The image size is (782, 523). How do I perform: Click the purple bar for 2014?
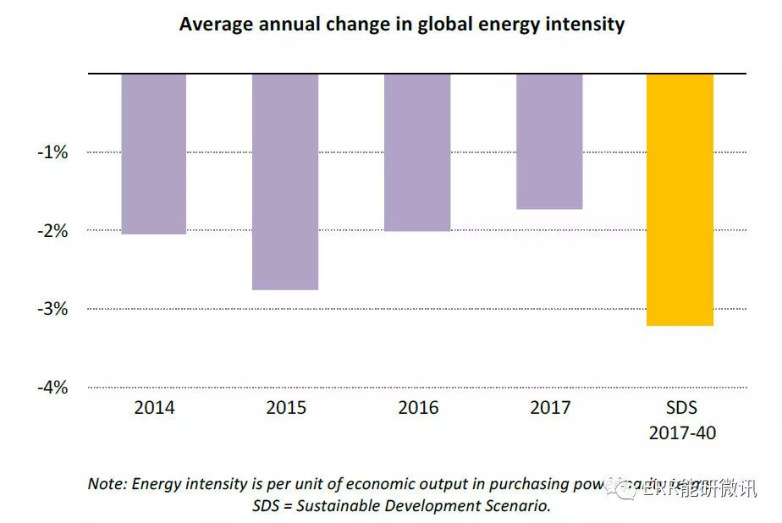[154, 153]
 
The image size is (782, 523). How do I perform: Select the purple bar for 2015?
[285, 181]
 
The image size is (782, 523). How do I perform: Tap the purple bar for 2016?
[417, 152]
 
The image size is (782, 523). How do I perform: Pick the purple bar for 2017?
[549, 140]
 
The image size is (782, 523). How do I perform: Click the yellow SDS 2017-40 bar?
[680, 199]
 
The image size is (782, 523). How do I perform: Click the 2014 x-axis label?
[154, 408]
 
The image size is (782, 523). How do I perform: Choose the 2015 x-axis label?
[286, 408]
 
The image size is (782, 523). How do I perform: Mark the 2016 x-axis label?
[418, 408]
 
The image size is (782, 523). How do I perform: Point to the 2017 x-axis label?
[550, 408]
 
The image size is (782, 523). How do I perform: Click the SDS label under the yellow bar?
[681, 408]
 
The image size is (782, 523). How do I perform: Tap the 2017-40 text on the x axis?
[682, 432]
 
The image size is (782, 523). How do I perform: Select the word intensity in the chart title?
[583, 24]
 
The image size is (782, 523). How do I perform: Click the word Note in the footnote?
[106, 484]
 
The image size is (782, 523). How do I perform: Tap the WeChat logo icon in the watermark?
[628, 488]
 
